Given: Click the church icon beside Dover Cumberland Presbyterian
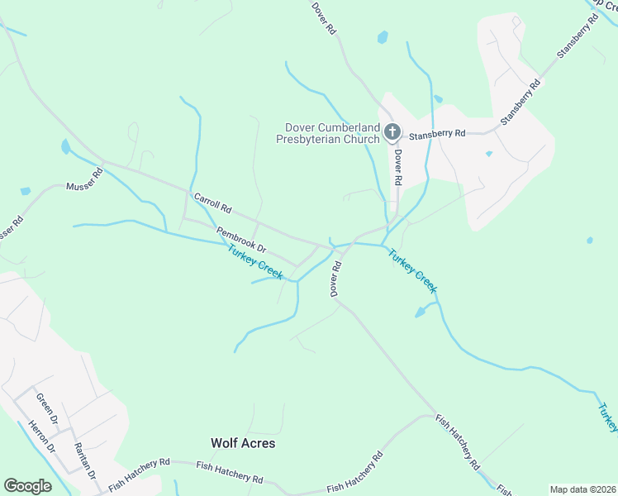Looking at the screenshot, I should (392, 131).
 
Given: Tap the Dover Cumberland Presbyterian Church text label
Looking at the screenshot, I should (331, 133).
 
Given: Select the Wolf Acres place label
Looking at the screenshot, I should (243, 443).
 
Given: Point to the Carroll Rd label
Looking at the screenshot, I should (212, 203).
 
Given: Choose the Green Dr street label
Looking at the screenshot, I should (46, 410).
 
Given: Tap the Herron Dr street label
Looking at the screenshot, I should (40, 436).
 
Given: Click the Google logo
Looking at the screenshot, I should (27, 486).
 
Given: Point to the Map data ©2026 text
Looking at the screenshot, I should (582, 489).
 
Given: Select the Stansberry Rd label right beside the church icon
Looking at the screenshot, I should (438, 133).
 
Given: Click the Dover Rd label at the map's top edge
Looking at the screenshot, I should (324, 17).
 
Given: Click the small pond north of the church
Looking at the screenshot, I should (383, 37).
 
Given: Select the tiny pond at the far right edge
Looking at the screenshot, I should (589, 241).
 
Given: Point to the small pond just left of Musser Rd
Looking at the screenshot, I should (26, 191).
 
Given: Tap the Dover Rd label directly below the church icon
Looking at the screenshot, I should (397, 167).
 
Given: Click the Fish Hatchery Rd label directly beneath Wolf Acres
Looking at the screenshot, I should (230, 472).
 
